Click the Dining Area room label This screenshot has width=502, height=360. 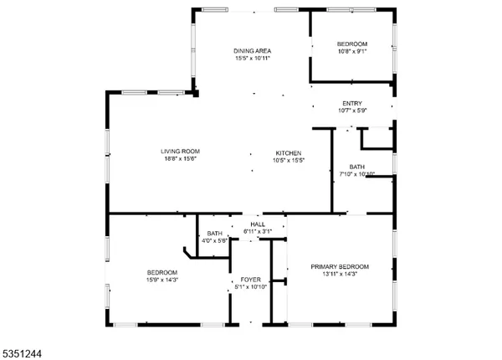click(252, 51)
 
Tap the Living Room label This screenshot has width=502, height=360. click(180, 152)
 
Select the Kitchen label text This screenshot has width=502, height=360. click(284, 152)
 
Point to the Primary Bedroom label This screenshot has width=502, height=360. click(340, 266)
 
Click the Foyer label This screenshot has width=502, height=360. click(251, 280)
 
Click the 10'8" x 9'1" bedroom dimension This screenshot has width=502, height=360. click(352, 50)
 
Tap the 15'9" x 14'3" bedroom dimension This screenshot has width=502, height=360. click(162, 280)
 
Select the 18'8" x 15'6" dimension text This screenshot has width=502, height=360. click(180, 159)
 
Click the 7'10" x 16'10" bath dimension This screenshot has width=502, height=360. click(357, 174)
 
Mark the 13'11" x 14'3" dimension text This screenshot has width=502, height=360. click(340, 274)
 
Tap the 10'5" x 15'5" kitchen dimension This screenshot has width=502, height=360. click(284, 160)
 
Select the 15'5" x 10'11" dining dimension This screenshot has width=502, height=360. click(252, 59)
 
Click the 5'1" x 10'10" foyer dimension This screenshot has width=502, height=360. click(251, 287)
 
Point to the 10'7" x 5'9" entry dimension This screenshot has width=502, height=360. click(352, 111)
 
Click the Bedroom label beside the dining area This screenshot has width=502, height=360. click(352, 43)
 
